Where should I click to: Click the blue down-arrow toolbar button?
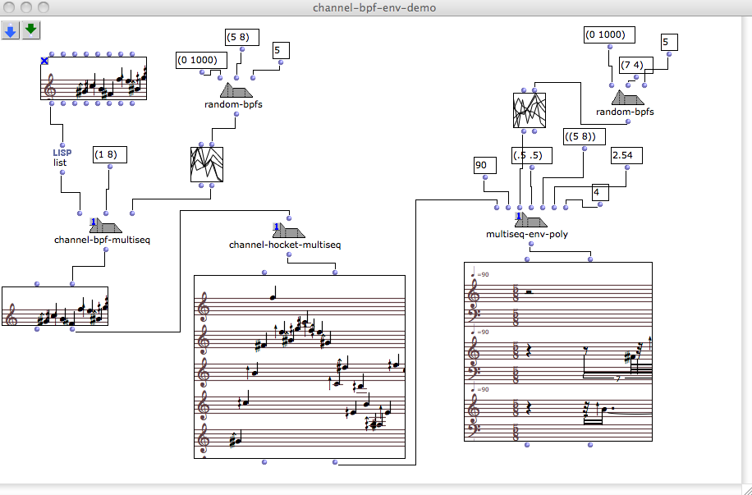click(10, 30)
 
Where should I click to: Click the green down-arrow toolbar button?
click(31, 30)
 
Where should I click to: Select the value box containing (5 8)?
click(242, 38)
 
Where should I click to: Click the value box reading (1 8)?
click(110, 155)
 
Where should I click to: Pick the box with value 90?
click(485, 166)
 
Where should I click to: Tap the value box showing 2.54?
click(627, 156)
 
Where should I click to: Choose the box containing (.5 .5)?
click(532, 156)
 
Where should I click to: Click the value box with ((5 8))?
click(585, 137)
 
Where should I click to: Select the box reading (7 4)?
click(636, 65)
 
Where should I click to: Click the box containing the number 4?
click(600, 193)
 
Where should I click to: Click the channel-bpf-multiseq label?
click(102, 240)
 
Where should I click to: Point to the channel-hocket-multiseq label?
click(285, 245)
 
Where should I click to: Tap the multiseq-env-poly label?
click(527, 235)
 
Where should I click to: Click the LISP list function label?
click(62, 158)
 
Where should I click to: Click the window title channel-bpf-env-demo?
click(374, 7)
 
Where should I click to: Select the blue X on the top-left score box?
click(44, 61)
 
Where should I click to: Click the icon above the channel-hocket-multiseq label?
click(289, 230)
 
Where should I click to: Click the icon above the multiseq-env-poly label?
click(531, 219)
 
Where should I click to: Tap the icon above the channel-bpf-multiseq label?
click(106, 225)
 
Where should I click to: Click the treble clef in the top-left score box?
click(49, 88)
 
